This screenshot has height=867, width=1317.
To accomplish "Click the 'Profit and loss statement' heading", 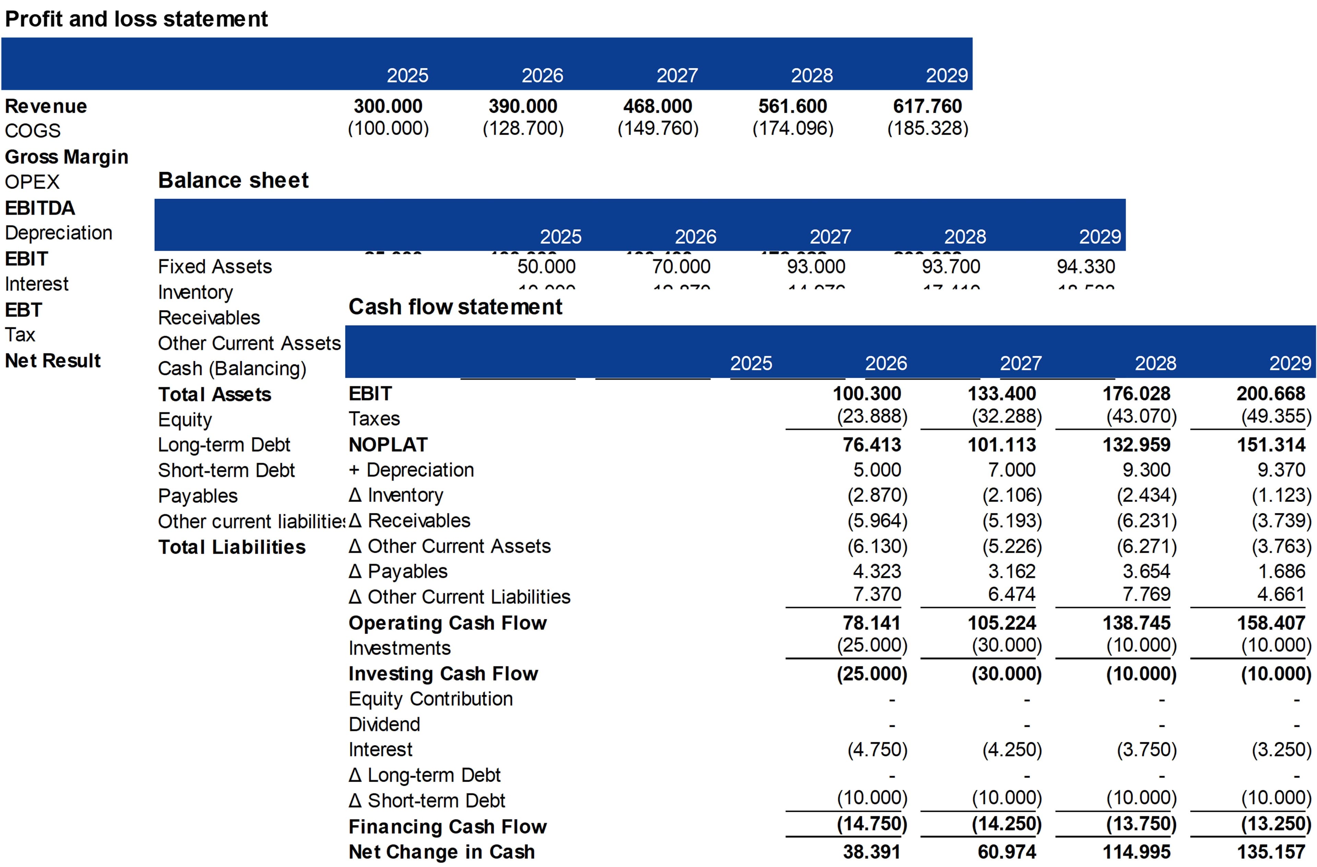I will click(136, 19).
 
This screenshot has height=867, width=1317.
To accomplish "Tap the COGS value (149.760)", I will click(658, 128).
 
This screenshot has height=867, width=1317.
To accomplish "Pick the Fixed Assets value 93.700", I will click(951, 267).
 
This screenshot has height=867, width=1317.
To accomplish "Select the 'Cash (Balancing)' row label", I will click(232, 368).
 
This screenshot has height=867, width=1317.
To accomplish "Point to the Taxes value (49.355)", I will click(1276, 416).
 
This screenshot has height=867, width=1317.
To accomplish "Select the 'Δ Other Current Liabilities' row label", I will click(459, 597).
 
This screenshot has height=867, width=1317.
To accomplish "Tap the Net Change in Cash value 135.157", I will click(1271, 852).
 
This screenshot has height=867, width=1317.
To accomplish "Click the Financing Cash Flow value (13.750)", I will click(1141, 824).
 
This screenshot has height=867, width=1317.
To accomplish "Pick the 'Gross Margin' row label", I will click(67, 157).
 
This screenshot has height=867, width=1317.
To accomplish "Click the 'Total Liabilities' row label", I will click(232, 547).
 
